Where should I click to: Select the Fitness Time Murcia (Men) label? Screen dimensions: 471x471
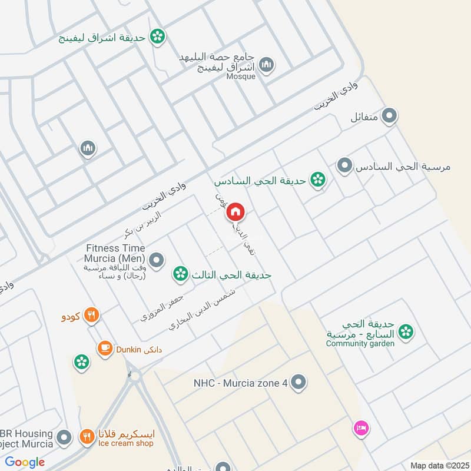click(115, 253)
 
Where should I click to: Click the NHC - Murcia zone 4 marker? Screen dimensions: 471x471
click(299, 383)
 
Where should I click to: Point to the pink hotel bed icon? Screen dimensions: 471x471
click(361, 428)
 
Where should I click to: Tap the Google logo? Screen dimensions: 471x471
click(25, 462)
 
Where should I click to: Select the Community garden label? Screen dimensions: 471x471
click(360, 343)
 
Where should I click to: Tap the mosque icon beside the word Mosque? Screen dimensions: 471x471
click(267, 65)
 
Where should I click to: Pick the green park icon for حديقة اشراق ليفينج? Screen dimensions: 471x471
click(157, 37)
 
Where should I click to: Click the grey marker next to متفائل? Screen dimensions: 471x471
click(389, 117)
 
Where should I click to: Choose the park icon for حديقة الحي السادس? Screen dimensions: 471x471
click(318, 180)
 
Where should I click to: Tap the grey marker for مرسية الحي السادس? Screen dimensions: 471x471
click(344, 166)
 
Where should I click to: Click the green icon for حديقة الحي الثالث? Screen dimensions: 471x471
click(181, 274)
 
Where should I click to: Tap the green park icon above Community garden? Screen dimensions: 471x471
click(405, 333)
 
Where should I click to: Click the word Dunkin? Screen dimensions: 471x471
click(128, 349)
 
